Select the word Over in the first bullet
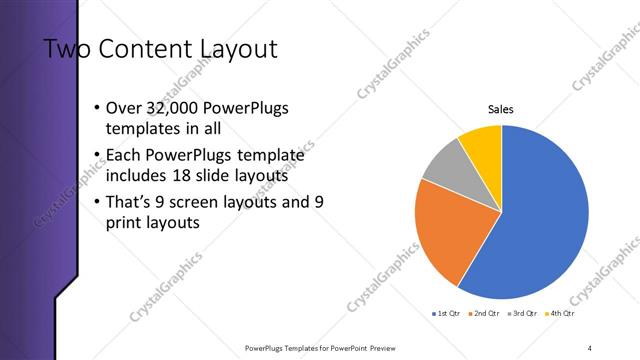tap(125, 108)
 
